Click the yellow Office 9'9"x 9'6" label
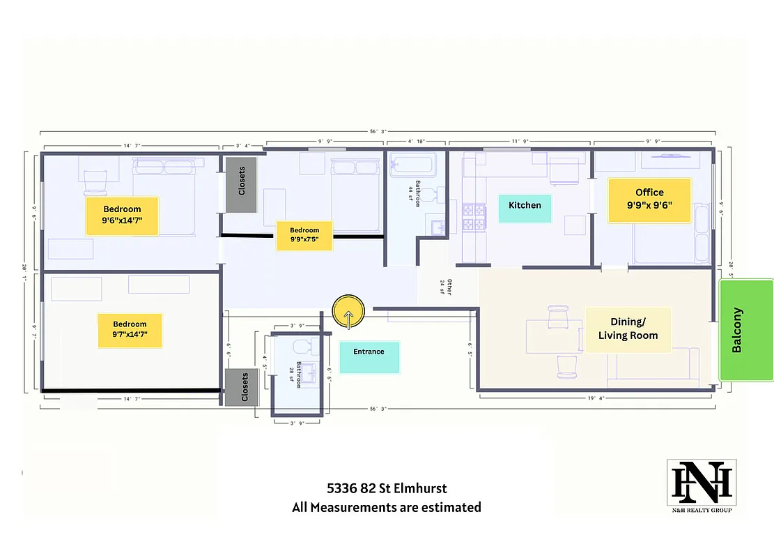pos(649,200)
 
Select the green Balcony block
pos(746,330)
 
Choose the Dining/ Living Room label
pos(628,329)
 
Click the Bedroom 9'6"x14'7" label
pos(122,216)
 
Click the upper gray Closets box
pos(241,185)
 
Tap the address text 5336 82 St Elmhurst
pos(387,488)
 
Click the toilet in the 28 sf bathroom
pos(301,346)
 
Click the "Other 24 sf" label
pos(445,288)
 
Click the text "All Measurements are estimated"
pos(387,507)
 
